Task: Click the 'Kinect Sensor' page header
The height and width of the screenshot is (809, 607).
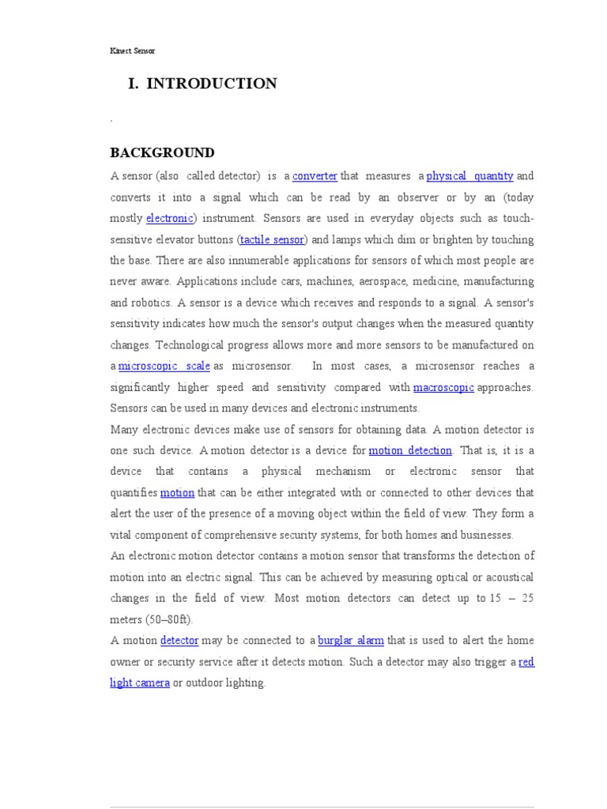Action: pos(132,51)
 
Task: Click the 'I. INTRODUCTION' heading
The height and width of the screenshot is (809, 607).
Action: pos(202,84)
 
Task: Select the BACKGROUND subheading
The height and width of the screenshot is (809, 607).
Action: pos(162,152)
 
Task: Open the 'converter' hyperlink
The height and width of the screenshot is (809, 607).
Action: pos(315,175)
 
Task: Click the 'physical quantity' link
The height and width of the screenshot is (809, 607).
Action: pos(469,175)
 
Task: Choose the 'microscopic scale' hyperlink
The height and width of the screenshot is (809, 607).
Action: pos(164,366)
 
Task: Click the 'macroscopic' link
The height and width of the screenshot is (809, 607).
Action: pos(443,387)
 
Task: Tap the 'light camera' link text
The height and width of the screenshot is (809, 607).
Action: pos(140,683)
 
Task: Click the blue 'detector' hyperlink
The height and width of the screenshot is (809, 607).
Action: pos(179,640)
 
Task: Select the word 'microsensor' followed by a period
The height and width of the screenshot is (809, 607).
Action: pos(262,366)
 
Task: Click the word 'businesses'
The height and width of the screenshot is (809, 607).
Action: pos(484,535)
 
